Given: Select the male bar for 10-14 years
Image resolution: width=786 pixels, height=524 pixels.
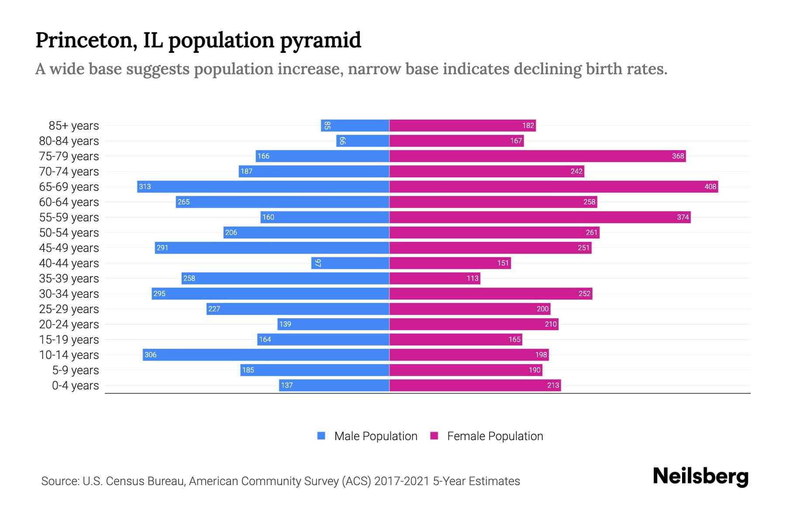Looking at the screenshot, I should click(x=266, y=355).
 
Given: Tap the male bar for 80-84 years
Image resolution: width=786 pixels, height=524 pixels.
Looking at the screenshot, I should click(x=362, y=141).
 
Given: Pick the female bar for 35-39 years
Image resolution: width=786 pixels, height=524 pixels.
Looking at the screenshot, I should click(x=434, y=278).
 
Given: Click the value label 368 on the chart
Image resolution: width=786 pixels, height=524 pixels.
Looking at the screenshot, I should click(x=678, y=156).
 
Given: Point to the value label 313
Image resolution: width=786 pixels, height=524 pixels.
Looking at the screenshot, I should click(x=145, y=186).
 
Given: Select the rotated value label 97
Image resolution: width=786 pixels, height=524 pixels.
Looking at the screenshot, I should click(x=318, y=263).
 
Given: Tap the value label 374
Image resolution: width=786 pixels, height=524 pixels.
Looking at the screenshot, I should click(x=683, y=217).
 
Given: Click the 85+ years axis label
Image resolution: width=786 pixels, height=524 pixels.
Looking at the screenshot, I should click(x=74, y=125).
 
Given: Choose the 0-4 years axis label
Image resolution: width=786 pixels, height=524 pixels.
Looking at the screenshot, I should click(x=75, y=385).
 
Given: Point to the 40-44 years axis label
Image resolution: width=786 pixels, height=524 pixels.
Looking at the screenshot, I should click(x=69, y=263).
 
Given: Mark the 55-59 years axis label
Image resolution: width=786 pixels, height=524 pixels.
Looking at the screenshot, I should click(x=69, y=217).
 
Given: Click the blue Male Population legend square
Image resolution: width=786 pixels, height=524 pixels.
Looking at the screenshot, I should click(x=321, y=436).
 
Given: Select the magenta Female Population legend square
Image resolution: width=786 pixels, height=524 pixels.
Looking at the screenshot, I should click(x=434, y=436).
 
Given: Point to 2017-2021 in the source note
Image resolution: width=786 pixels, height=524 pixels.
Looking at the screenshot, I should click(x=402, y=481).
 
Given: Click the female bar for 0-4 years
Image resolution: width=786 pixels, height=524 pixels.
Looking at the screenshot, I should click(x=475, y=385).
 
